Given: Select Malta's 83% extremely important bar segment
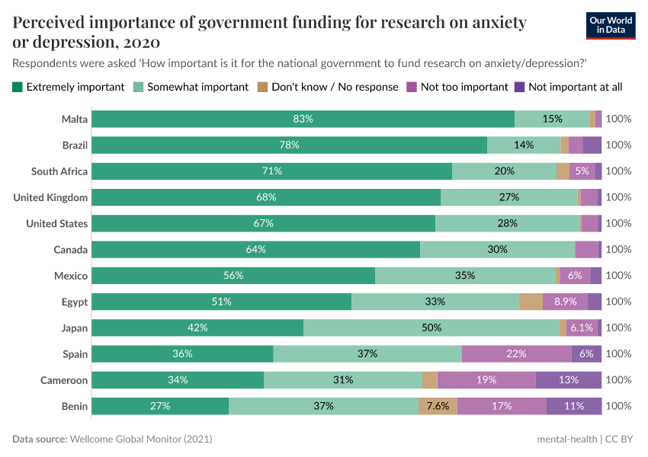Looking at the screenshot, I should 303,119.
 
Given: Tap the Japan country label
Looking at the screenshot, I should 75,328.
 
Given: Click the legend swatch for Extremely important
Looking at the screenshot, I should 18,87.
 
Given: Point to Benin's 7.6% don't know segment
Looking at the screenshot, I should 438,406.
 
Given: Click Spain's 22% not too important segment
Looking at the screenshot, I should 517,354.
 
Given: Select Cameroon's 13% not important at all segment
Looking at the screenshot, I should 569,380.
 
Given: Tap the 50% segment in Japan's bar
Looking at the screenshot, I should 431,328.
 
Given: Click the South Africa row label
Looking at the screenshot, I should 59,171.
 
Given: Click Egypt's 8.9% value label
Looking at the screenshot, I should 565,302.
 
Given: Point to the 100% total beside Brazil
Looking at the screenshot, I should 618,145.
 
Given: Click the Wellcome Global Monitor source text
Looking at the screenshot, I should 140,439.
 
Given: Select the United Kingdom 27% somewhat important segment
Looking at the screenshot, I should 509,197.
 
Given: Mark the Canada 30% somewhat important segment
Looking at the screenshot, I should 497,250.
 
